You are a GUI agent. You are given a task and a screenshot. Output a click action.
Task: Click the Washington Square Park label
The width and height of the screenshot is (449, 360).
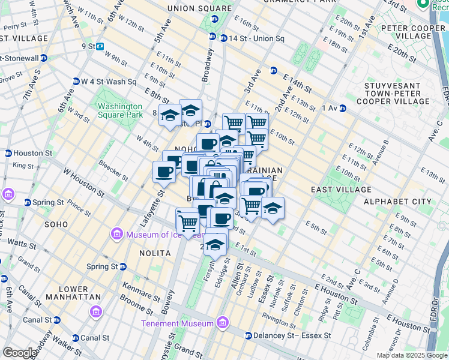point(120,110)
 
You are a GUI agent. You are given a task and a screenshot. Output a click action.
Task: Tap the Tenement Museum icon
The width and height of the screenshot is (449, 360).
point(223,323)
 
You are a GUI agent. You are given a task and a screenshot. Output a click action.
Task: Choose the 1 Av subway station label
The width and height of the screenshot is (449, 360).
point(330,108)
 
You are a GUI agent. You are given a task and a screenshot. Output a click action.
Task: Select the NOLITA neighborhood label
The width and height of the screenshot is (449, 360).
point(139,254)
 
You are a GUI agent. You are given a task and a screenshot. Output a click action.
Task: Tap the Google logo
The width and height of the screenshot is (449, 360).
point(19,353)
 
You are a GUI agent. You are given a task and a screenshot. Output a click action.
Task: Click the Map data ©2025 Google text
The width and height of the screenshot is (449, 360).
point(411,355)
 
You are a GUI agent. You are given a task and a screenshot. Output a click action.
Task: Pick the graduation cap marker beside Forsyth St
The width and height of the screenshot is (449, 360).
point(215,244)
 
